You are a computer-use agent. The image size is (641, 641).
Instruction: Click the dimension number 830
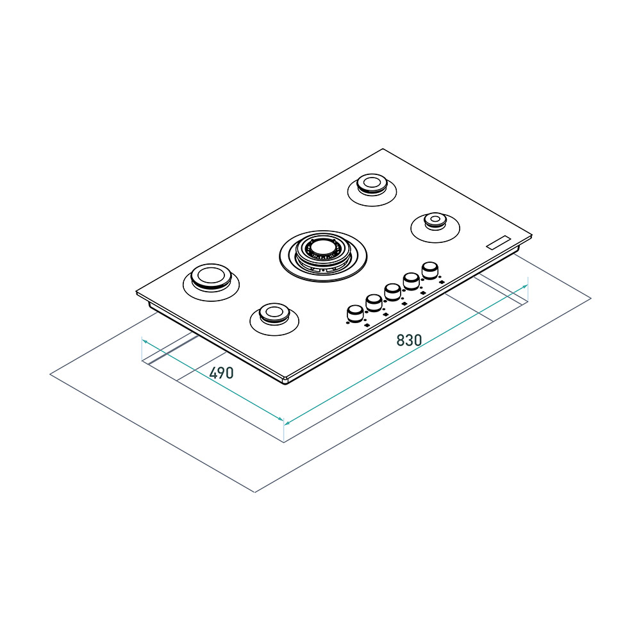coord(409,340)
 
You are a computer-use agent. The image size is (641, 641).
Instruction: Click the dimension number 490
coord(221,372)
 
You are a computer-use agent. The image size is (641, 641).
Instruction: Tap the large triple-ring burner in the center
coord(323,254)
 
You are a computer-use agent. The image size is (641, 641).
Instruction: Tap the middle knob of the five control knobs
coord(392,292)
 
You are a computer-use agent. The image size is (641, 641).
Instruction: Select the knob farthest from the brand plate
coord(354,313)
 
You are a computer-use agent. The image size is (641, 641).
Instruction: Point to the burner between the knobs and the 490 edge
coord(272,314)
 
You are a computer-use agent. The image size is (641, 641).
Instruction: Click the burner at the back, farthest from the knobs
coord(371,185)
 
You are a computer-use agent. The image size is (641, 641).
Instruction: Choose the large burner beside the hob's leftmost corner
coord(210,278)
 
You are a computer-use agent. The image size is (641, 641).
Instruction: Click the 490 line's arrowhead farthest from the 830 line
coord(142,340)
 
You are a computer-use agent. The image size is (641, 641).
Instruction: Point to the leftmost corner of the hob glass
coord(137,293)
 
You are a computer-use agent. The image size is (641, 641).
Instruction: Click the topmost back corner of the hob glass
coord(383,149)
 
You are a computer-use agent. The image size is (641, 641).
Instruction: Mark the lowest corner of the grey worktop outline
coord(255,492)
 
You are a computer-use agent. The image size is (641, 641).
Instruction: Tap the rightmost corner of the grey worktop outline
coord(590,298)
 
